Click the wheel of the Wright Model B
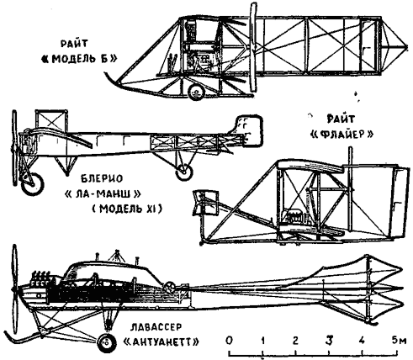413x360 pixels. tap(196, 92)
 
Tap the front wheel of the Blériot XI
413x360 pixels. tap(33, 184)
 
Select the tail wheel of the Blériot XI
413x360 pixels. tap(184, 171)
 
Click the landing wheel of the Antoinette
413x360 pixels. tap(107, 342)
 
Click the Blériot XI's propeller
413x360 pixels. tap(14, 148)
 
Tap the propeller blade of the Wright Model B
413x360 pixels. tap(253, 48)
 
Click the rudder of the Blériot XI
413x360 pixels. tap(249, 130)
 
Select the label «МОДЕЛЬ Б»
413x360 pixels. tap(79, 59)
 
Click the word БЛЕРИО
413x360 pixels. tap(102, 178)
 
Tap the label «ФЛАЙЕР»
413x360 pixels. tap(342, 135)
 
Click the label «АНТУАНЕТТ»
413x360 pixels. tap(161, 341)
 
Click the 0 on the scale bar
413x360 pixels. tap(230, 341)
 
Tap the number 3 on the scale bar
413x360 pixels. tap(329, 341)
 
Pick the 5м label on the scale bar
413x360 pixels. tap(399, 341)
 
